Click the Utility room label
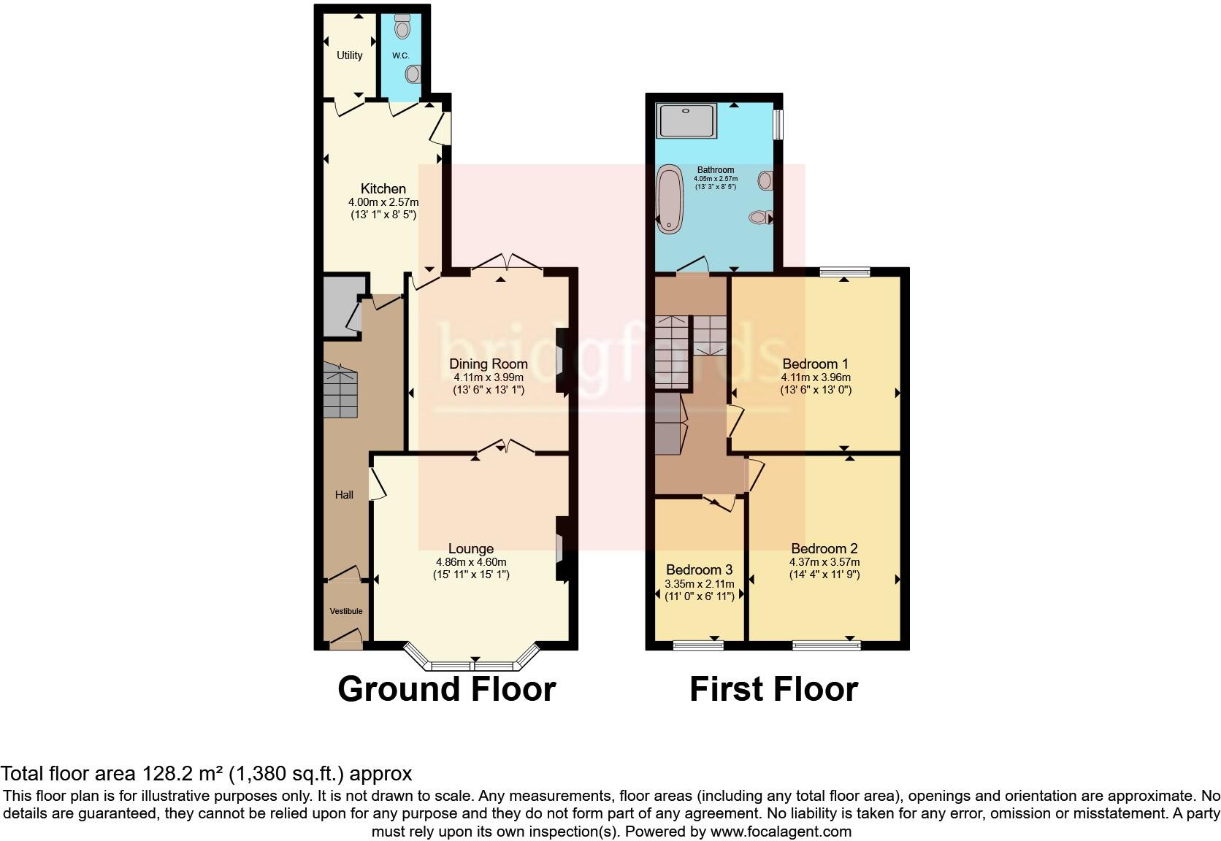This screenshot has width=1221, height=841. (349, 55)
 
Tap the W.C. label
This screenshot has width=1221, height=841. (400, 55)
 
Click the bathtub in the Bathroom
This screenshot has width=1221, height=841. (667, 199)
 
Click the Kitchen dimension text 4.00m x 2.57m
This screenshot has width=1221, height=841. (383, 202)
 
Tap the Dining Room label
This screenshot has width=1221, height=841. (488, 364)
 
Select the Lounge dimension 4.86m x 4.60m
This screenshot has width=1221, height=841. (471, 562)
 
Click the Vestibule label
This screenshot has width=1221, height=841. (345, 611)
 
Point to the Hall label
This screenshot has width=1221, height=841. (344, 495)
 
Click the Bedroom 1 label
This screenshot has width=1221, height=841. (815, 364)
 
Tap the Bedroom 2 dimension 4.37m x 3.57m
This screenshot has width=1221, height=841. (824, 562)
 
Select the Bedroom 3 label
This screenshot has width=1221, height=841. (699, 569)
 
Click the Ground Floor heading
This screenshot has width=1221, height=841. (446, 689)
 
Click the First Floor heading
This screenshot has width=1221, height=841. (773, 689)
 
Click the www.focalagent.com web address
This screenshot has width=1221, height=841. (780, 832)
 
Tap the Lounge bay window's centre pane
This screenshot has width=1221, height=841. (472, 666)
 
